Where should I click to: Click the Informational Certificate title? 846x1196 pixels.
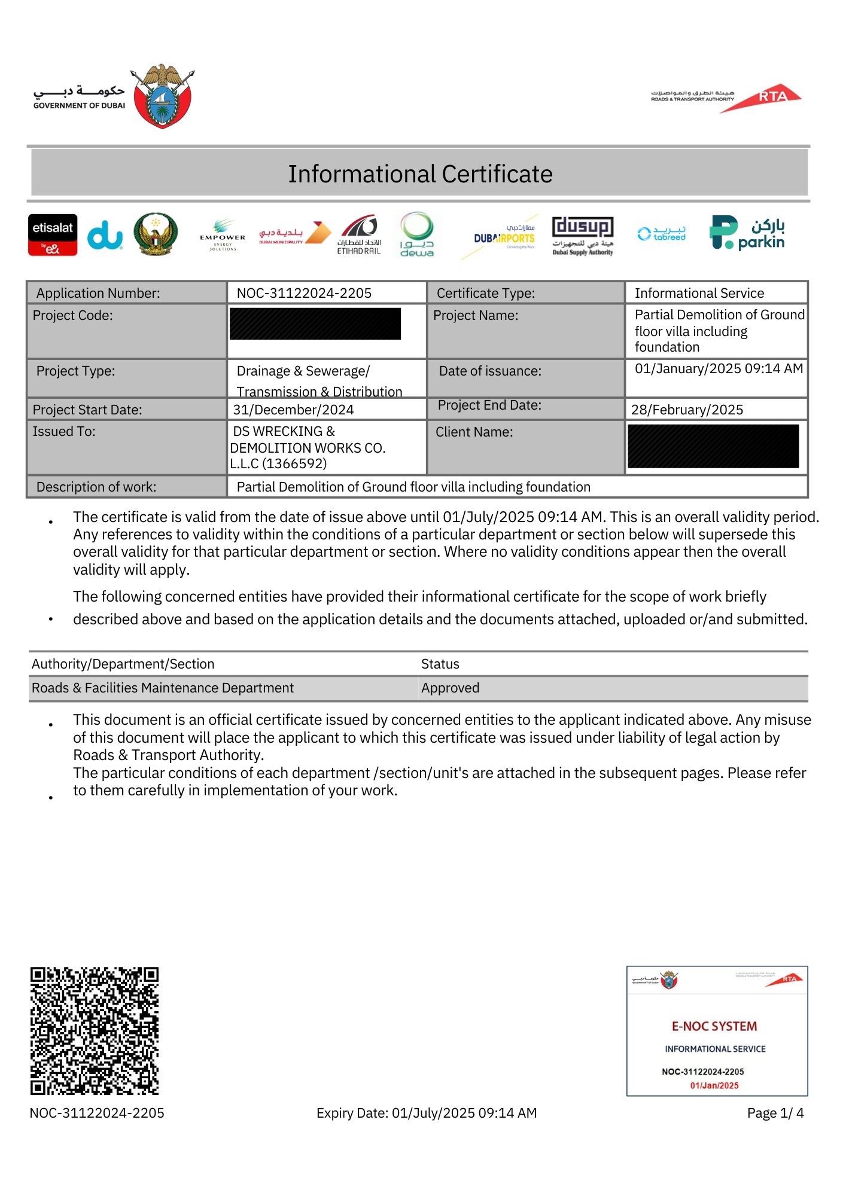click(x=420, y=174)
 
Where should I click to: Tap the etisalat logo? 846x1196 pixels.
click(x=53, y=234)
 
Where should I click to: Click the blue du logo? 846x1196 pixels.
click(x=105, y=234)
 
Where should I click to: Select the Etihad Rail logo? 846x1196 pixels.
click(x=359, y=234)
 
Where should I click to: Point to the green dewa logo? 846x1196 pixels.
click(x=417, y=234)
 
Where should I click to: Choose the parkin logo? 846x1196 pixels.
click(x=747, y=233)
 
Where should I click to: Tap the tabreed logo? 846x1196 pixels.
click(x=662, y=234)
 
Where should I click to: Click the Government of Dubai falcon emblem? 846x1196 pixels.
click(x=163, y=96)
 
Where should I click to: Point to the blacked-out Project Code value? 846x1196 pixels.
click(x=315, y=324)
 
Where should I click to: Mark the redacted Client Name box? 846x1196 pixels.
click(x=713, y=446)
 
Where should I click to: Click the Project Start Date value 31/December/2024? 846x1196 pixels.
click(x=293, y=410)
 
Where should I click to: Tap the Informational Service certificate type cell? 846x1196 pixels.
click(x=699, y=293)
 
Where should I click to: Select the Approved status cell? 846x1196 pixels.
click(x=451, y=688)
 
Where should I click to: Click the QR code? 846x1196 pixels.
click(x=95, y=1031)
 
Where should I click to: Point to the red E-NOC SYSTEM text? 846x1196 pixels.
click(x=714, y=1026)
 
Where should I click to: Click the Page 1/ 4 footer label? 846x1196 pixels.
click(x=775, y=1113)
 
